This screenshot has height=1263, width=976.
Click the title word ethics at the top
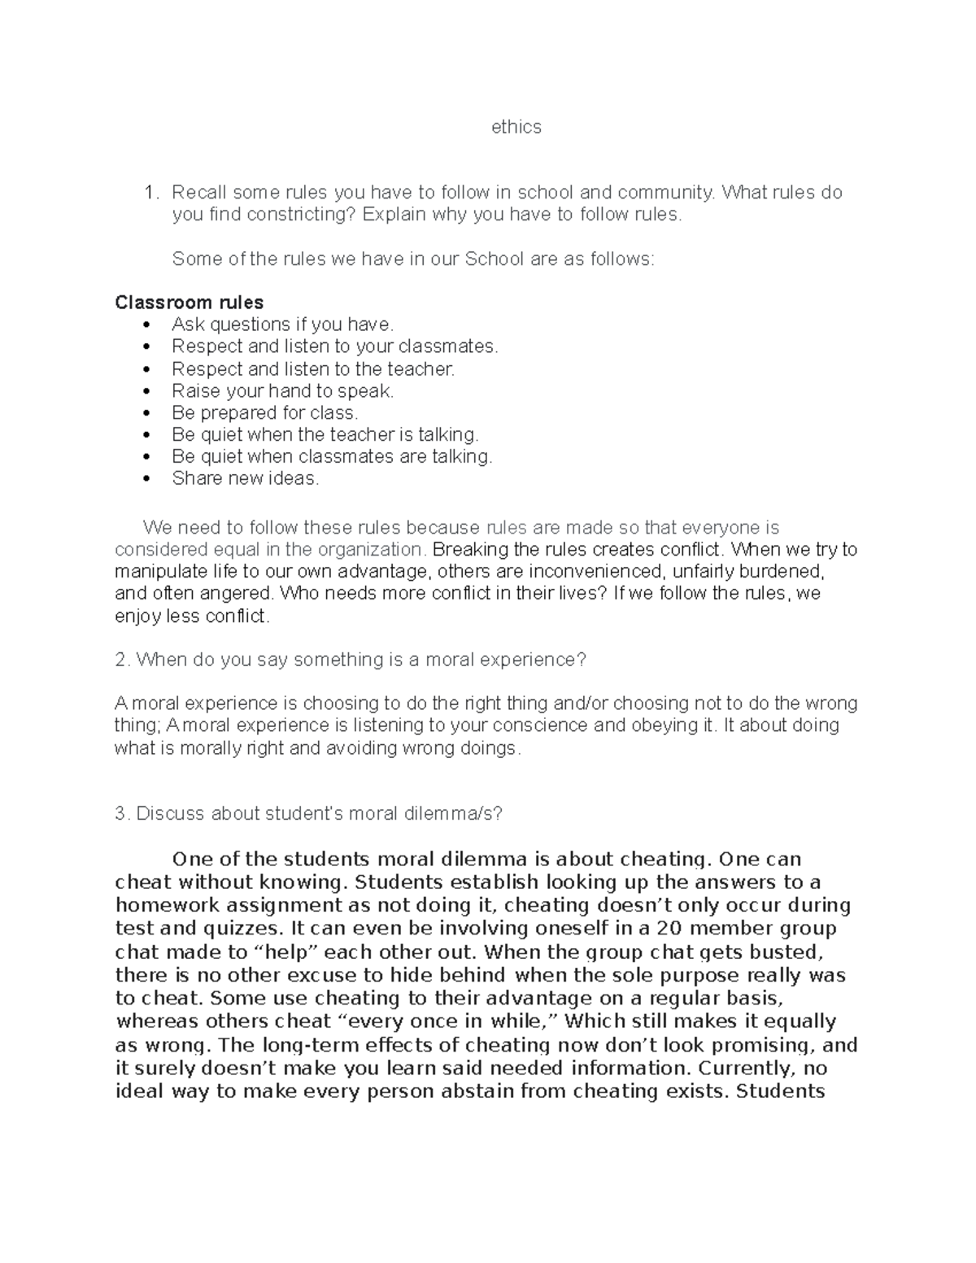click(x=516, y=127)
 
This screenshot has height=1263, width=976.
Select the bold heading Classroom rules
click(x=189, y=303)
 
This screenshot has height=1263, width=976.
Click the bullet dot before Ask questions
click(x=146, y=325)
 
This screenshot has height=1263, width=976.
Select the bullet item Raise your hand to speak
click(x=282, y=391)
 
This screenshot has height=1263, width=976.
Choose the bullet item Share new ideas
click(x=245, y=479)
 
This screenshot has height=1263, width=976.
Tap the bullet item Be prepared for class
click(x=264, y=413)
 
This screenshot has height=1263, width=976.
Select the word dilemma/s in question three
click(x=453, y=814)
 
